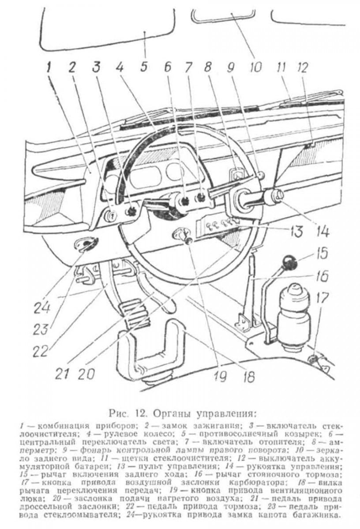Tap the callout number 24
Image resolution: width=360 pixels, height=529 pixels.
point(42,308)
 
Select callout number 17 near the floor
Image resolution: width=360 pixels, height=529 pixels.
point(322,299)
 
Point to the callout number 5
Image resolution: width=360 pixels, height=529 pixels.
point(144,67)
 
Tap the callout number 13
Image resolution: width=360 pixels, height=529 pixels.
point(296,231)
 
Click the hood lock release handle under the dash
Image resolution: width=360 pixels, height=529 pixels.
point(86,246)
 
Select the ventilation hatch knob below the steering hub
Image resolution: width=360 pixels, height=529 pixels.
point(189,240)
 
